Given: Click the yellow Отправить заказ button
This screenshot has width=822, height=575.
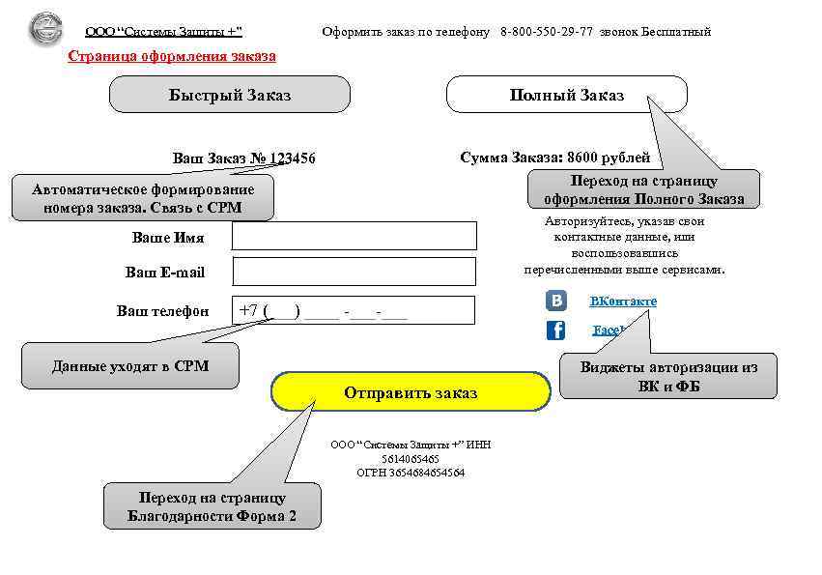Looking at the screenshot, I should point(411,392).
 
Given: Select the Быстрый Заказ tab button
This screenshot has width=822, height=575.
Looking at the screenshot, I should point(229,95).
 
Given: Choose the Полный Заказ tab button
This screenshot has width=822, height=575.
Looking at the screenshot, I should point(566,95).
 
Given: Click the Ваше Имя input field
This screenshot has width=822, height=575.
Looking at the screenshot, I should point(354,236).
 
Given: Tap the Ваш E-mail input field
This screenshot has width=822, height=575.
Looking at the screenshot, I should point(354,272).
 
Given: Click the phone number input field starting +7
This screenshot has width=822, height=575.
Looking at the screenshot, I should point(354,310).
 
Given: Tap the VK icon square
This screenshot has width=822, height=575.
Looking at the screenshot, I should point(556,301).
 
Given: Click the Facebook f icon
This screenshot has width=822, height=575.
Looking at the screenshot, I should point(556,331).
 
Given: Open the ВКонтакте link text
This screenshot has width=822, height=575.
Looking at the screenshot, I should point(623,302).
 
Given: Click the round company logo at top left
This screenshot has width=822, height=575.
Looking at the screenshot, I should point(44,30).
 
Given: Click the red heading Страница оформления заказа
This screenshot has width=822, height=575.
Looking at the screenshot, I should point(172,56).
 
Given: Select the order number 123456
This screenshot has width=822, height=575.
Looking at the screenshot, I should point(293,158).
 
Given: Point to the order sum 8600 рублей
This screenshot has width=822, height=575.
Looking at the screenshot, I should point(609,157).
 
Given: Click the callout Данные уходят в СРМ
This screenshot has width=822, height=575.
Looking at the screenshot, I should point(130,366).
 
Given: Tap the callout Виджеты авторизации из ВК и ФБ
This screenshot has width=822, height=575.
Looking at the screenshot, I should point(668,377).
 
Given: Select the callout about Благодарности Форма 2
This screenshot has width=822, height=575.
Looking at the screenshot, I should point(213,506).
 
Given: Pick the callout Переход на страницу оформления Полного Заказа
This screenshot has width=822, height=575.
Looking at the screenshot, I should point(643,190).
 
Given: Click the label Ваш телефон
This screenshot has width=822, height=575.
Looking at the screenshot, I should point(163,310).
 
